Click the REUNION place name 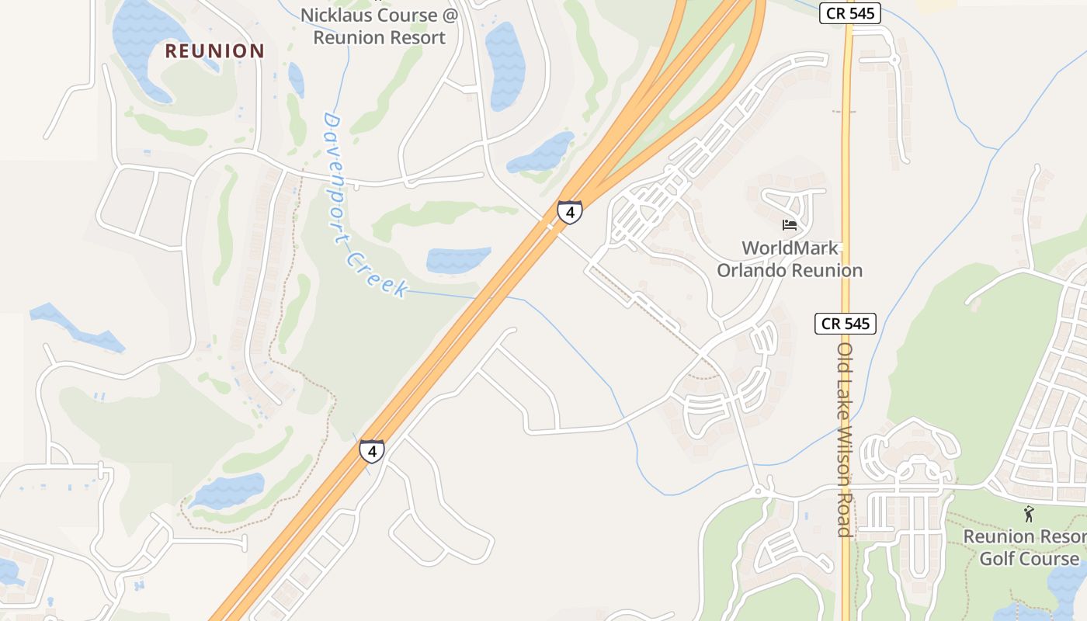(x=215, y=51)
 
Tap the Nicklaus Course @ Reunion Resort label (x=380, y=26)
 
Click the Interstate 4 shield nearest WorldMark (x=569, y=211)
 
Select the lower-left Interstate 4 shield (x=371, y=450)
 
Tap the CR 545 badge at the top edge (x=849, y=13)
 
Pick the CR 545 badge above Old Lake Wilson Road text (x=845, y=323)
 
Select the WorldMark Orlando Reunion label (x=790, y=259)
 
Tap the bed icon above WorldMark (x=790, y=225)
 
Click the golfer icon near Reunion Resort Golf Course (x=1029, y=513)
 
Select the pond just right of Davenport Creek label (x=457, y=259)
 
